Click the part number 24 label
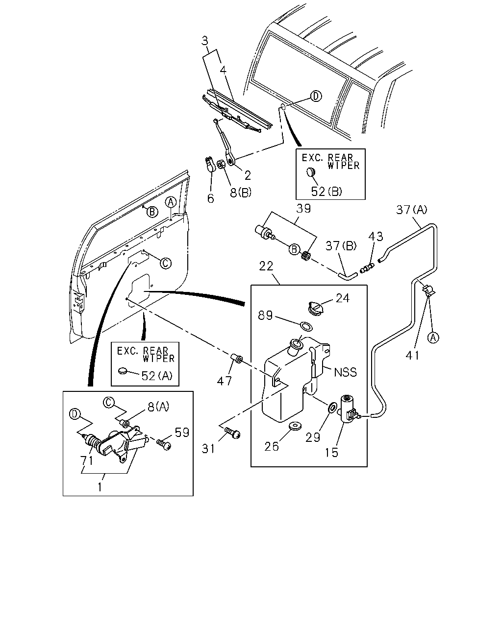pyautogui.click(x=343, y=298)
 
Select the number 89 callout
pyautogui.click(x=265, y=315)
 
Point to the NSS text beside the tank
pyautogui.click(x=345, y=372)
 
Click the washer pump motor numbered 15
pyautogui.click(x=348, y=409)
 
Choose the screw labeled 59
pyautogui.click(x=164, y=444)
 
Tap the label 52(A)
pyautogui.click(x=157, y=376)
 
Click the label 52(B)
pyautogui.click(x=326, y=192)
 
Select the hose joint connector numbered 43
pyautogui.click(x=367, y=268)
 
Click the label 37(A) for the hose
pyautogui.click(x=412, y=210)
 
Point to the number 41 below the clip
pyautogui.click(x=412, y=355)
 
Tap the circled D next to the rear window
pyautogui.click(x=316, y=96)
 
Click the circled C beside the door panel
pyautogui.click(x=166, y=263)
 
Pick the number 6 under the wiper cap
pyautogui.click(x=211, y=199)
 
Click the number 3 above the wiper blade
pyautogui.click(x=205, y=41)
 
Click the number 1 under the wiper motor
pyautogui.click(x=100, y=487)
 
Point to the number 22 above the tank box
pyautogui.click(x=266, y=266)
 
